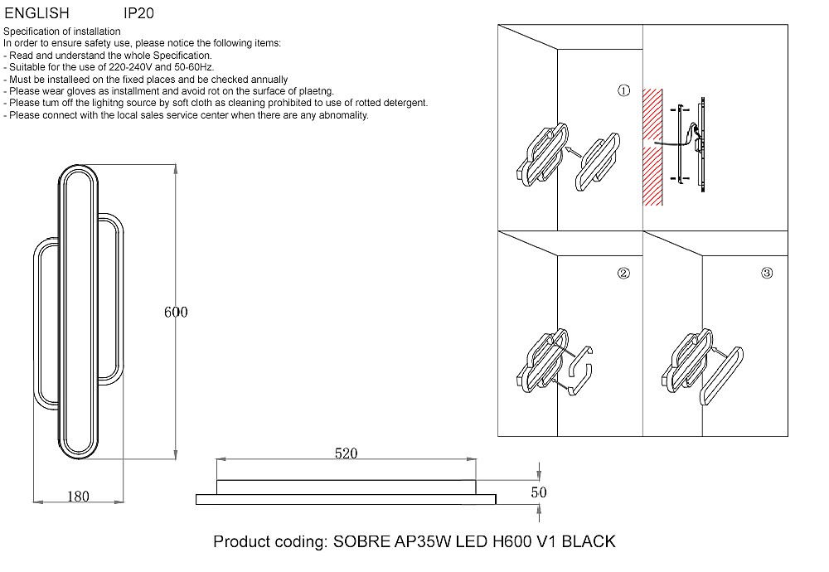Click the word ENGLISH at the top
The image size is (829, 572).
tap(37, 12)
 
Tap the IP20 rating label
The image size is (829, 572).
tap(139, 12)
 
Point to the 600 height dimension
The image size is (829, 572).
tap(176, 312)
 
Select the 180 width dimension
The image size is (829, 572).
tap(78, 496)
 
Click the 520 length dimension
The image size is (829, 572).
tap(346, 453)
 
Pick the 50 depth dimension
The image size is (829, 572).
tap(539, 492)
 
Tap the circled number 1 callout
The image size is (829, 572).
tap(624, 90)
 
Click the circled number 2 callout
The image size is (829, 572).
tap(623, 273)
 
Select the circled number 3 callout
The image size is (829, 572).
tap(767, 273)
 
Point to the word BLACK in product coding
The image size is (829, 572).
tap(589, 541)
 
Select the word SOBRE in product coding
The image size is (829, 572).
tap(361, 541)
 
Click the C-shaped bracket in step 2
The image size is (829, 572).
tap(579, 371)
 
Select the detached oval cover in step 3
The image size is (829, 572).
tap(721, 376)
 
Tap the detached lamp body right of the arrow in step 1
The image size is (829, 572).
tap(598, 162)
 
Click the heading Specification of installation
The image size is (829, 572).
tap(62, 32)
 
